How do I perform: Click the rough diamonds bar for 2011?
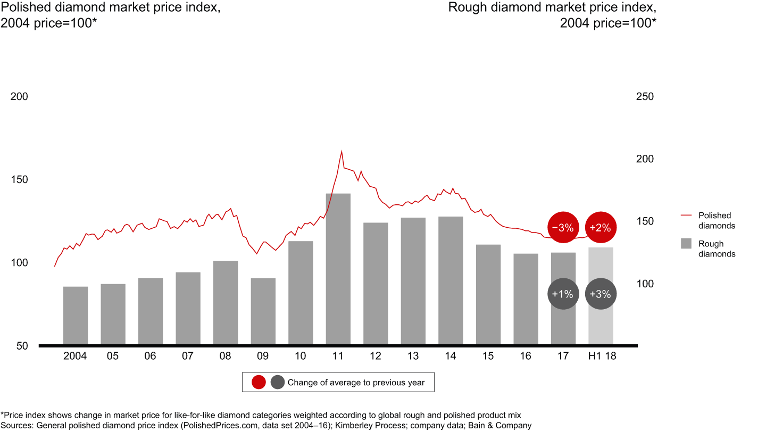pos(338,269)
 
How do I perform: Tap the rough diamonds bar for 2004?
pos(76,315)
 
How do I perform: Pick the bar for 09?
pos(263,311)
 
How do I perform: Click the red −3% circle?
pos(563,228)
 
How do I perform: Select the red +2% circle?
pos(601,228)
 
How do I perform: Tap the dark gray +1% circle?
pos(563,294)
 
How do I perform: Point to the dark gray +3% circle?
pos(601,294)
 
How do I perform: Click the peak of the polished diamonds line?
pos(342,151)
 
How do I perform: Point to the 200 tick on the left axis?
pos(19,97)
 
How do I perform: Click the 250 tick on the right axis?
pos(645,97)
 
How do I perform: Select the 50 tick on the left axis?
pos(22,346)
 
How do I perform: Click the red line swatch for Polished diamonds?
pos(686,215)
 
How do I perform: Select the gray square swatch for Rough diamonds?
pos(686,244)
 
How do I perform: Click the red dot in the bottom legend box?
pos(259,382)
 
